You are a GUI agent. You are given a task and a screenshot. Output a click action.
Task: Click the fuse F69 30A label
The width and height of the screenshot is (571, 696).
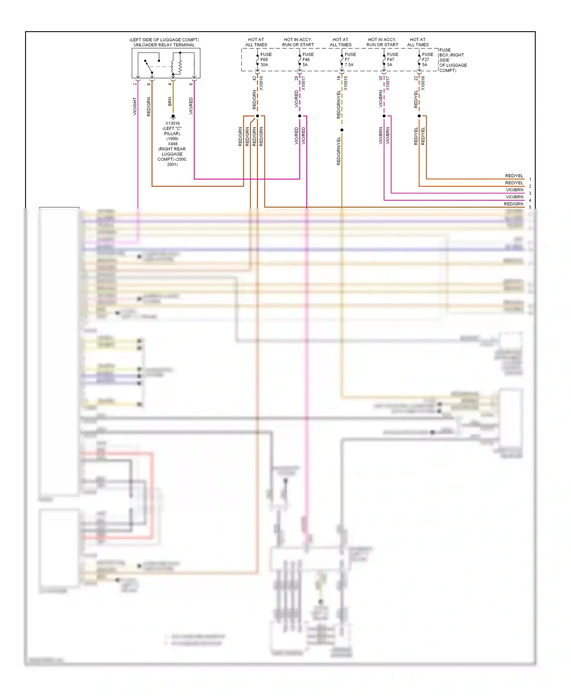pyautogui.click(x=265, y=60)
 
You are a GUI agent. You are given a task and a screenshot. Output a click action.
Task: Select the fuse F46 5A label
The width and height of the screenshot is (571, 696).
pyautogui.click(x=308, y=60)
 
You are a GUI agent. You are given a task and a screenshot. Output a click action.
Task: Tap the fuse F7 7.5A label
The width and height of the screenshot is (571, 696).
pyautogui.click(x=350, y=60)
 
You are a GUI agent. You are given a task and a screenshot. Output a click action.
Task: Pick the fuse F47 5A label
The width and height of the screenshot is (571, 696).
pyautogui.click(x=392, y=60)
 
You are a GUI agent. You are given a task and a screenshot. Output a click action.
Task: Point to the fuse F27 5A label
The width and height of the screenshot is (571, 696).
pyautogui.click(x=427, y=60)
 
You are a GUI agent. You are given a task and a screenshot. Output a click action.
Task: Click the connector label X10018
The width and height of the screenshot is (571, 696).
pyautogui.click(x=261, y=83)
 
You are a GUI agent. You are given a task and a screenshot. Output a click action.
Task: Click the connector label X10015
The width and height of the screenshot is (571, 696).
pyautogui.click(x=346, y=83)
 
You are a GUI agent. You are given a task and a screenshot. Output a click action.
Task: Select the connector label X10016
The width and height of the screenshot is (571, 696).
pyautogui.click(x=423, y=83)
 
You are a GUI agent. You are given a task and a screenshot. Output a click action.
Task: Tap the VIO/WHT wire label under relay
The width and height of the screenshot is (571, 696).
pyautogui.click(x=135, y=106)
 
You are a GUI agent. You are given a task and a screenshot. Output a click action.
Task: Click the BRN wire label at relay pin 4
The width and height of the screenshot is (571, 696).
pyautogui.click(x=170, y=101)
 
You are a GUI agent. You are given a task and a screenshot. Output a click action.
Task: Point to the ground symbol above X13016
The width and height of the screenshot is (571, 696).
pyautogui.click(x=173, y=117)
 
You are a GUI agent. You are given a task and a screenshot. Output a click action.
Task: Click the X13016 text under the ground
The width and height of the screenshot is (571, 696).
pyautogui.click(x=172, y=123)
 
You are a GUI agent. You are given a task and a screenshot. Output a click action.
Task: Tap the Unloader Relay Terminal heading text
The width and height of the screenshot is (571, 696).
pyautogui.click(x=164, y=45)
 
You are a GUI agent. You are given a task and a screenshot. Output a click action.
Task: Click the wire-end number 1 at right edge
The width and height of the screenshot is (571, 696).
pyautogui.click(x=530, y=179)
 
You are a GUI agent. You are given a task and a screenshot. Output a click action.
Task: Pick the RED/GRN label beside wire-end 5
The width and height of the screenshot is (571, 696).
pyautogui.click(x=514, y=204)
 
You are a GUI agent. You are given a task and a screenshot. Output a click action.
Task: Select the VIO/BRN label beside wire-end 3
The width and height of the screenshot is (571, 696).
pyautogui.click(x=514, y=190)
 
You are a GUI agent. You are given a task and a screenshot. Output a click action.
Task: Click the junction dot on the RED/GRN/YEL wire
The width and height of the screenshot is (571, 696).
pyautogui.click(x=342, y=130)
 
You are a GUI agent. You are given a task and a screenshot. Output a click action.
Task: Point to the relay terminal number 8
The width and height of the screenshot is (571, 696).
pyautogui.click(x=191, y=84)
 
